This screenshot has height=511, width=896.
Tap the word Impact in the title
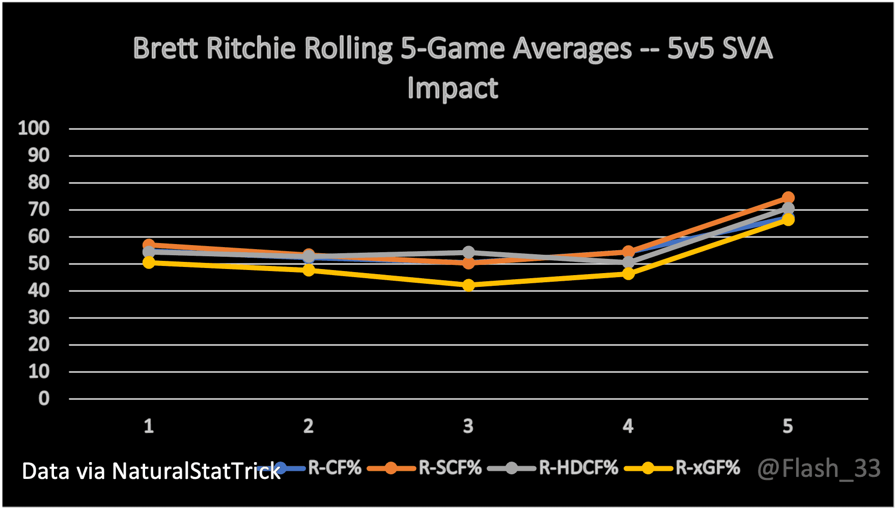(x=453, y=88)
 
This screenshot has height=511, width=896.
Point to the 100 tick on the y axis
(x=34, y=128)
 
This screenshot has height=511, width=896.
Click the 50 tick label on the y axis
(x=38, y=263)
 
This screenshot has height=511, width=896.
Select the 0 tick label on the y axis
(x=44, y=398)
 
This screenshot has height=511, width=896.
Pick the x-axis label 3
(x=468, y=426)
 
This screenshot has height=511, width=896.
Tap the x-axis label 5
(x=788, y=426)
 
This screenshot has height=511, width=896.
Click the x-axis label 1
(x=149, y=426)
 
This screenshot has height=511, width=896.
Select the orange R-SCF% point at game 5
(x=788, y=198)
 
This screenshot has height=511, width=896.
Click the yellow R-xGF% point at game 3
(x=468, y=285)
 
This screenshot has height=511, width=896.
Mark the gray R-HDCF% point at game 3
(x=468, y=252)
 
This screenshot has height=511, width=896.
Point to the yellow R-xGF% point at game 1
(x=149, y=262)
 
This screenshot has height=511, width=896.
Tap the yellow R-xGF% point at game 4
(x=628, y=274)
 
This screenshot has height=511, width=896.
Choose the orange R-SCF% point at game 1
(x=149, y=245)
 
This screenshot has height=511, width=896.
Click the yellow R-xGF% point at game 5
(x=788, y=220)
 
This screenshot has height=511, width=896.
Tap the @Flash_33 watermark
(x=819, y=468)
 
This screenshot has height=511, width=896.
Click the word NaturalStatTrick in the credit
(x=196, y=471)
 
